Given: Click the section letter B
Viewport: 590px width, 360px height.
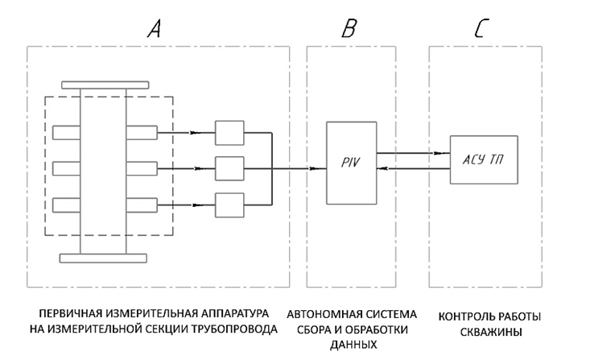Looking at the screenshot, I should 351,30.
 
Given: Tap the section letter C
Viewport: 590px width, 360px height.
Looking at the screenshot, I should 479,30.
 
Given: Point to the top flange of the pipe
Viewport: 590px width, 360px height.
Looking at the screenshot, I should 105,86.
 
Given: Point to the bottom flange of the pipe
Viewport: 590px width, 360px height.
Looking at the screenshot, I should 105,258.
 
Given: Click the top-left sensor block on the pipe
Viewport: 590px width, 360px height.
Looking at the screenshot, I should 66,132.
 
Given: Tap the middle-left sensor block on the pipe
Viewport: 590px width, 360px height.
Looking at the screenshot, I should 66,168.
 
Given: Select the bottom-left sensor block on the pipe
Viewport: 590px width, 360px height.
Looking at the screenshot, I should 66,204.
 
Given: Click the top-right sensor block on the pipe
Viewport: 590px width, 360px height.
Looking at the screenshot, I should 142,132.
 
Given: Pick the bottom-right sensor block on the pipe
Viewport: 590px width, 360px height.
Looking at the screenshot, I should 142,204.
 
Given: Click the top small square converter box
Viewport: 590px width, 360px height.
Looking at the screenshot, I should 229,132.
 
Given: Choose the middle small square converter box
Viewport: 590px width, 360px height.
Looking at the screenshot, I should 229,168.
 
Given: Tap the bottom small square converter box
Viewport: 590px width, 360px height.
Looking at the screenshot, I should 229,205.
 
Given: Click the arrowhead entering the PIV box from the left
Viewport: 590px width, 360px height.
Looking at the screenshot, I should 320,168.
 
